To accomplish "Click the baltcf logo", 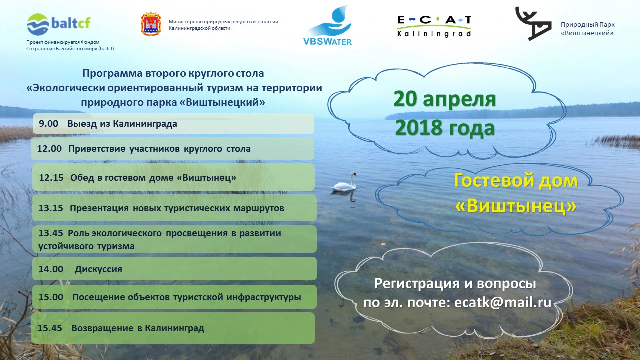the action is (x=59, y=24).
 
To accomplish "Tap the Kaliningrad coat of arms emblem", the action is (x=151, y=24).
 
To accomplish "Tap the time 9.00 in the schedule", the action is (x=48, y=124).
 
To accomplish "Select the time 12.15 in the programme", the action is (x=51, y=177).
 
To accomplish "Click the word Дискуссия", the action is (x=98, y=269).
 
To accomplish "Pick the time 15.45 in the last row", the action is (x=50, y=328).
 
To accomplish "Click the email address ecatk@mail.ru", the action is (x=503, y=303).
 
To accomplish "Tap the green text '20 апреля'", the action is (x=445, y=99).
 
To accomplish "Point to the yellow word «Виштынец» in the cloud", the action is (x=516, y=205).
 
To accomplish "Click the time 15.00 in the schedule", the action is (x=51, y=297).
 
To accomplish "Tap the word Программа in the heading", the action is (x=112, y=74).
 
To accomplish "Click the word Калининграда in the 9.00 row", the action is (x=145, y=124).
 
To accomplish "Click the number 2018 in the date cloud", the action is (x=417, y=128).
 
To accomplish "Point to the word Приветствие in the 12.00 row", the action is (x=97, y=149).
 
